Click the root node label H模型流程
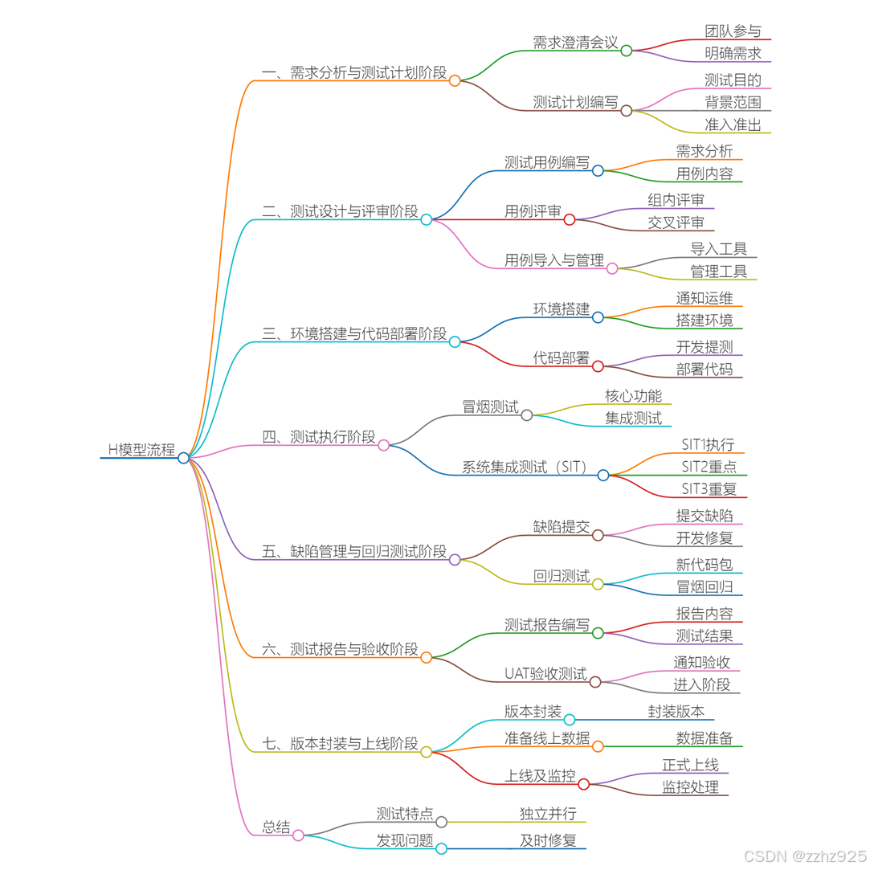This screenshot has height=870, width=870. coord(141,450)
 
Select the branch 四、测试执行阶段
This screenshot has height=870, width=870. coord(318,437)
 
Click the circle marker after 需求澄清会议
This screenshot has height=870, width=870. coord(627,51)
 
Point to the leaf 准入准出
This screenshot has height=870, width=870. coord(733,125)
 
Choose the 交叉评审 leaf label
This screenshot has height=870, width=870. coord(676,223)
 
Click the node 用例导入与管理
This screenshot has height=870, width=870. coord(553,260)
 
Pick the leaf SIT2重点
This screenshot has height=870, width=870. coord(709,467)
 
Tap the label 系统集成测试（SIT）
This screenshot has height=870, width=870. coord(525,467)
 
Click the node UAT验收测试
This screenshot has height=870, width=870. coord(545,673)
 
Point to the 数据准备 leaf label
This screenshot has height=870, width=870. coord(704,738)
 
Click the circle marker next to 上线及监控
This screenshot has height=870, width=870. coord(584,784)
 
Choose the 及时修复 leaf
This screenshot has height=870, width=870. coord(548,841)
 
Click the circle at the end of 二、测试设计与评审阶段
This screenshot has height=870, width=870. coord(427,219)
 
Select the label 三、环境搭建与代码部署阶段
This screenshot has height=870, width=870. coord(354,333)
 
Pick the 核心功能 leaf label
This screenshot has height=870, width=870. coord(633,395)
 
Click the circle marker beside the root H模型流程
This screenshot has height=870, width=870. coord(184,458)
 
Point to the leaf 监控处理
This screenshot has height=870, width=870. coord(690,787)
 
